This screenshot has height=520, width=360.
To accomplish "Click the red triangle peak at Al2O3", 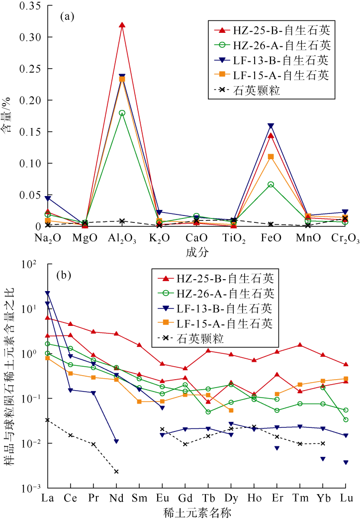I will coord(122,25).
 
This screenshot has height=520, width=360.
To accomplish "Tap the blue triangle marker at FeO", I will coord(270,126).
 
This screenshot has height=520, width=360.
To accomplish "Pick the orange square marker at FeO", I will coord(270,157).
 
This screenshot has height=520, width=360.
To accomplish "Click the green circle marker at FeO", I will coord(270,185).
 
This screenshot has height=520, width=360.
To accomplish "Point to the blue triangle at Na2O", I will coord(48,199).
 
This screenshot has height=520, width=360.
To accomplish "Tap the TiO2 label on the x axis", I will coord(234,239).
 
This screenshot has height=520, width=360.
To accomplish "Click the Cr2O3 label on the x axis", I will coord(345,239).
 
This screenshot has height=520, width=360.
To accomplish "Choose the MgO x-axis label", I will coord(85,238).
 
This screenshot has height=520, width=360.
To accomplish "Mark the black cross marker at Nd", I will coord(116,471).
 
